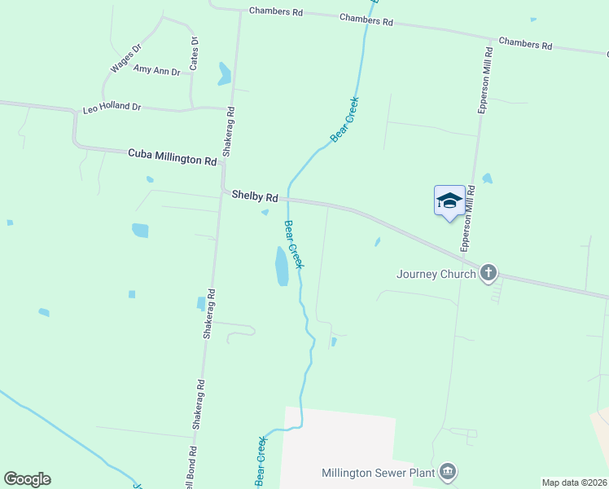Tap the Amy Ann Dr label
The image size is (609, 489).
(156, 72)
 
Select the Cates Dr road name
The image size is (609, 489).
(195, 51)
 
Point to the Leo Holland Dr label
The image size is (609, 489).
(112, 108)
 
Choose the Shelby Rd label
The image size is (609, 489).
(255, 196)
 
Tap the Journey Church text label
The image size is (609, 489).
(436, 274)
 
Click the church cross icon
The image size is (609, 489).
(489, 273)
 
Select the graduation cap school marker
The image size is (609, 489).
(449, 201)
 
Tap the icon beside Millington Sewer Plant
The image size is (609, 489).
(447, 472)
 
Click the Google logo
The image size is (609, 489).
(27, 479)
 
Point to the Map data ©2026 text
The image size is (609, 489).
(575, 482)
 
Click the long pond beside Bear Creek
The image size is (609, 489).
(282, 267)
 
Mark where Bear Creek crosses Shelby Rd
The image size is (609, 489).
(287, 198)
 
